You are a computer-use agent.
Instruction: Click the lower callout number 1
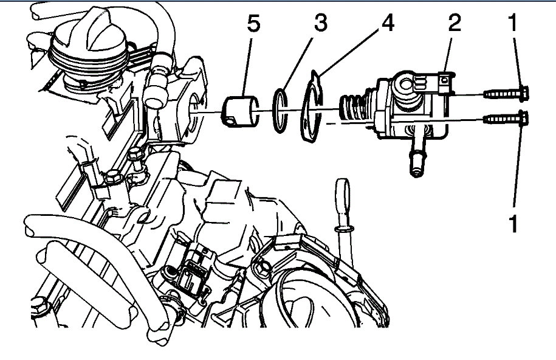click(513, 224)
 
